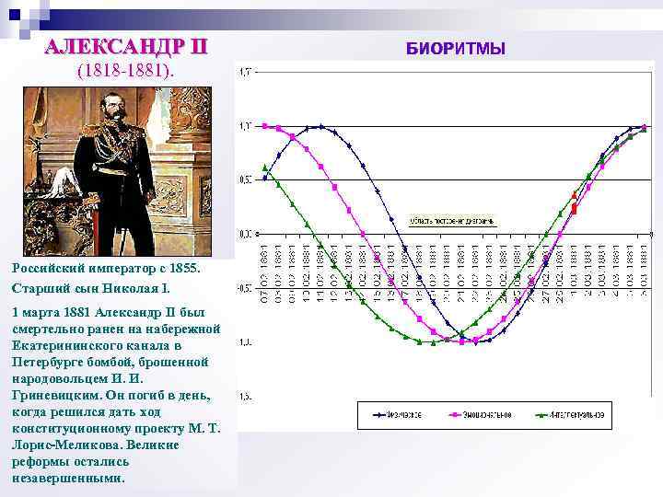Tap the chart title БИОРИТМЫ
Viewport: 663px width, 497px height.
456,48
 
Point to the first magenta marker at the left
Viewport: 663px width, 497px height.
265,126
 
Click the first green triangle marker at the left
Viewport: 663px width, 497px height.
265,168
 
